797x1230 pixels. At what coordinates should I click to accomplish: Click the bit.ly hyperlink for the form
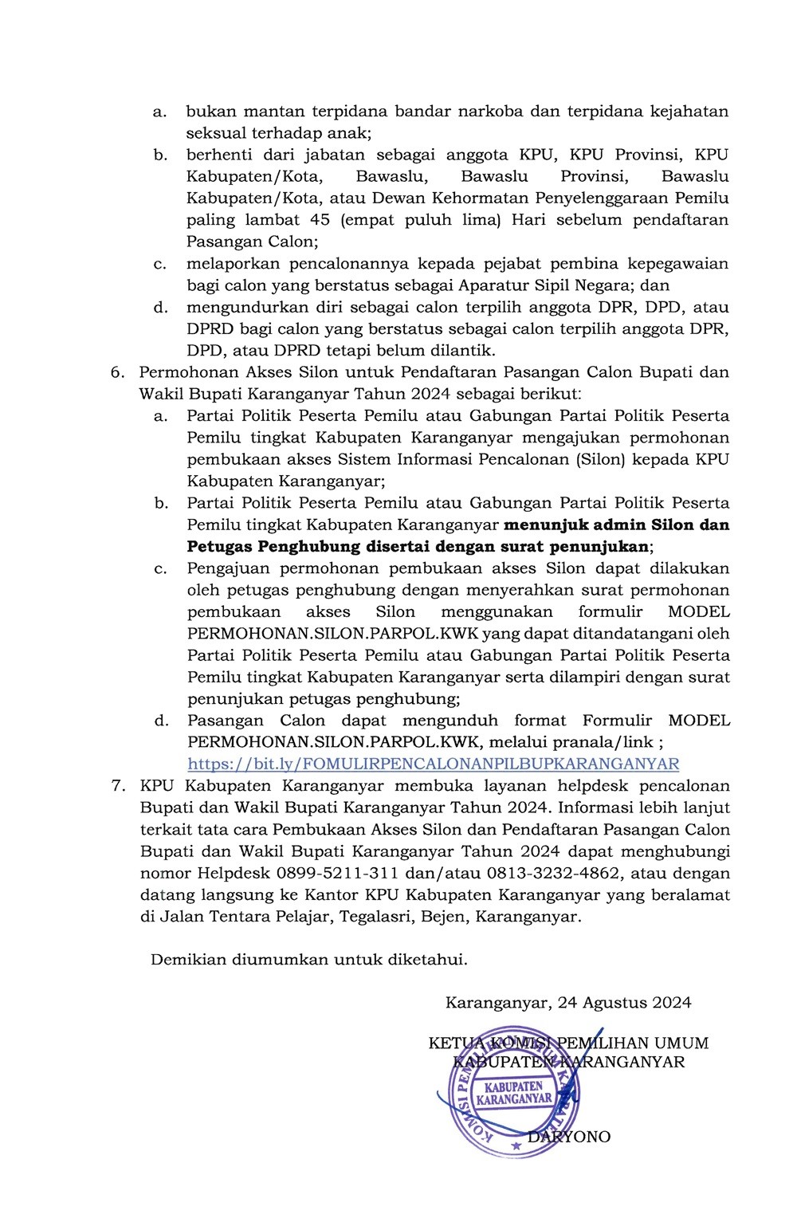(x=434, y=764)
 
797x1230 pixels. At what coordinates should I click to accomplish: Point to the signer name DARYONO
(x=569, y=1137)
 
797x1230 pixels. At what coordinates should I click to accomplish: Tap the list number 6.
(x=117, y=372)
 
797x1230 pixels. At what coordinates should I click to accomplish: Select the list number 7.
(x=117, y=786)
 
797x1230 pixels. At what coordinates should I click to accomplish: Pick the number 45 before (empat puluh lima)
(x=312, y=220)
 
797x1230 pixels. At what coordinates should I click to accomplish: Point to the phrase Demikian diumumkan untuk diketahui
(x=309, y=960)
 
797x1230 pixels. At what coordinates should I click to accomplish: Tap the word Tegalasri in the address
(x=375, y=917)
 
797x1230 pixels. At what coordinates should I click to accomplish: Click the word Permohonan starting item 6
(x=181, y=372)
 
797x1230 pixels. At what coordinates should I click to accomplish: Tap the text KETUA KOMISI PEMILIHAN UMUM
(x=568, y=1043)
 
